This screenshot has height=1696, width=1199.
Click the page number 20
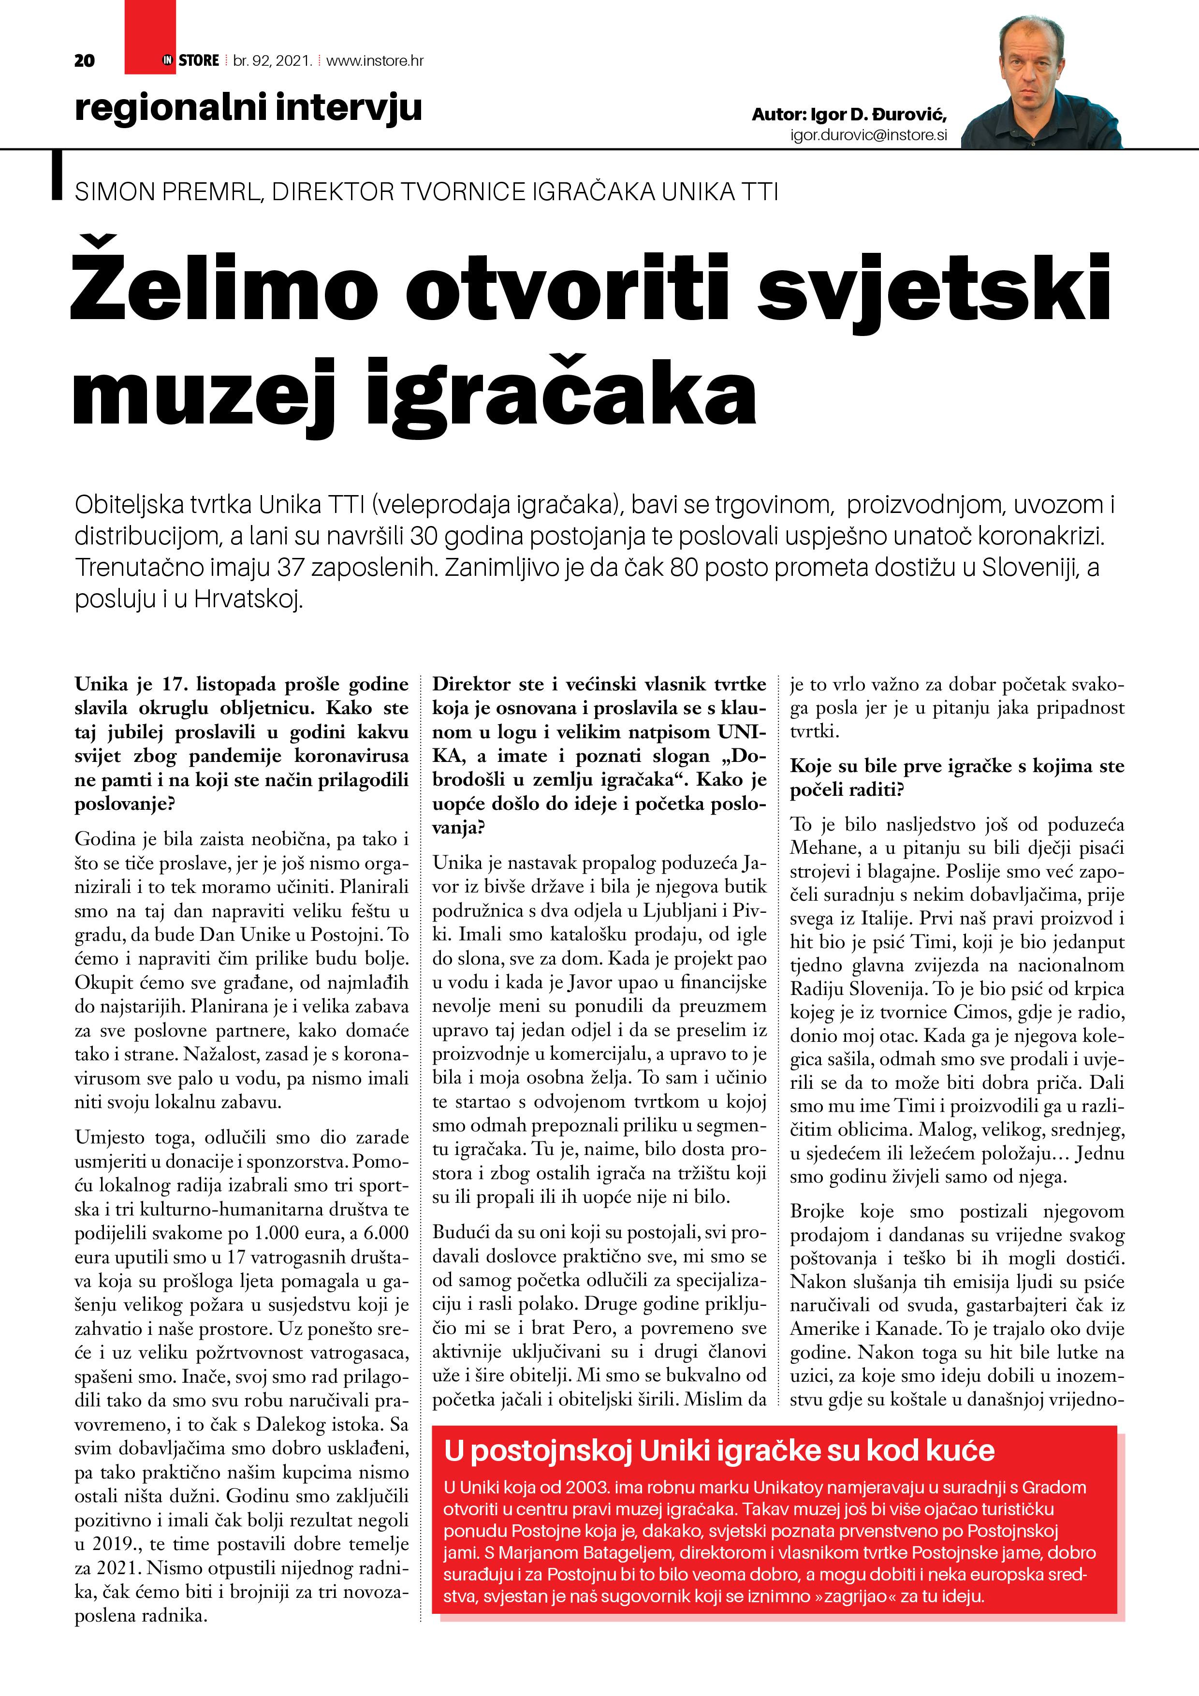[x=84, y=60]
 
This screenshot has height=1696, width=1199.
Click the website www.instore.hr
[x=375, y=60]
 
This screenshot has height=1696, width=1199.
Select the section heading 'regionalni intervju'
[x=248, y=108]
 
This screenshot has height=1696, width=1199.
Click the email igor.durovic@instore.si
[x=868, y=135]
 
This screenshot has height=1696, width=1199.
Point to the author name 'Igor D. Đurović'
[x=877, y=115]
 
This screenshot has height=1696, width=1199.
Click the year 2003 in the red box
[x=587, y=1487]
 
